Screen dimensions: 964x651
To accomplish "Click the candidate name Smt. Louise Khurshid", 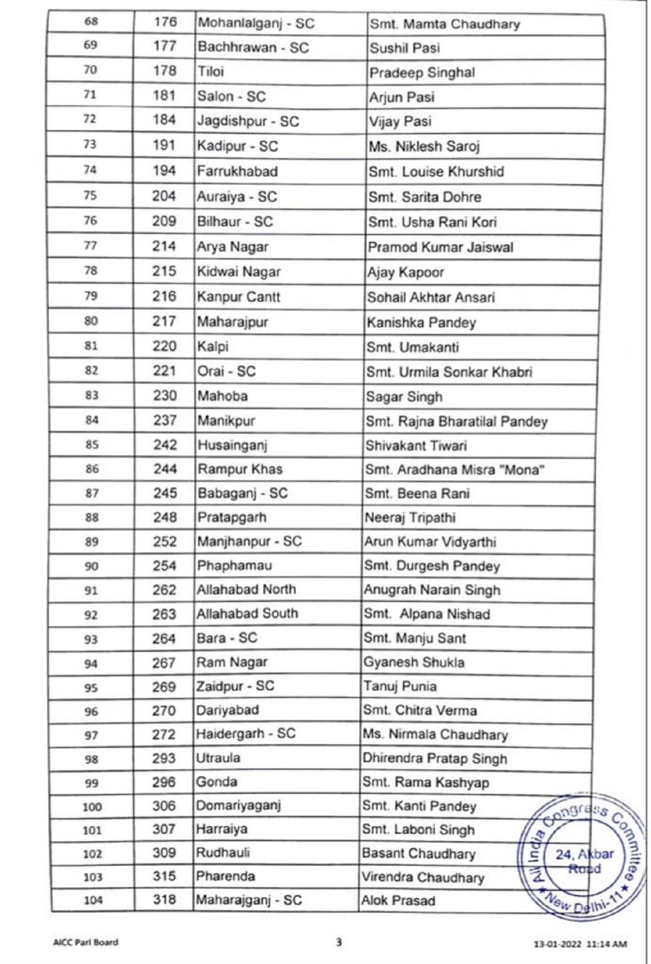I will pyautogui.click(x=436, y=172).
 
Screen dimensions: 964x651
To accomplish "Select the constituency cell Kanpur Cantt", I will pyautogui.click(x=239, y=297).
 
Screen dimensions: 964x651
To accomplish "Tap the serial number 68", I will pyautogui.click(x=91, y=22).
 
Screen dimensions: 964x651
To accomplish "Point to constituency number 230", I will pyautogui.click(x=164, y=396).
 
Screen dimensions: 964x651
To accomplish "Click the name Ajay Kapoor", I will pyautogui.click(x=405, y=272).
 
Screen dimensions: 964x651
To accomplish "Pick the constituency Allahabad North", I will pyautogui.click(x=246, y=589).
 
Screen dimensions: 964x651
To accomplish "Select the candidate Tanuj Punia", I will pyautogui.click(x=400, y=686).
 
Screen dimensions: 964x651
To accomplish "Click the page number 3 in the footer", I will pyautogui.click(x=339, y=942).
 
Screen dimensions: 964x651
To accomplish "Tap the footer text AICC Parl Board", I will pyautogui.click(x=85, y=942).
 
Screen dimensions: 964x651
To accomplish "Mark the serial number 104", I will pyautogui.click(x=93, y=901).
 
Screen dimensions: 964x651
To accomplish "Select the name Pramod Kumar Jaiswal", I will pyautogui.click(x=440, y=248).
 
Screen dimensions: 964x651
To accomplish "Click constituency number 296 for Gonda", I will pyautogui.click(x=164, y=782).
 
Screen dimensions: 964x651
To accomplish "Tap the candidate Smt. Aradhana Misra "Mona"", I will pyautogui.click(x=454, y=470).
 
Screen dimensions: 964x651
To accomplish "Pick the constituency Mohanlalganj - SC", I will pyautogui.click(x=256, y=23).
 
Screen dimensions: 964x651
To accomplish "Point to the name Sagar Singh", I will pyautogui.click(x=404, y=397).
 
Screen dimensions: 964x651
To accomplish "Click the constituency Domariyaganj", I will pyautogui.click(x=238, y=806).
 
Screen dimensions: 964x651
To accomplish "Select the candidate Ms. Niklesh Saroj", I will pyautogui.click(x=424, y=147).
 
